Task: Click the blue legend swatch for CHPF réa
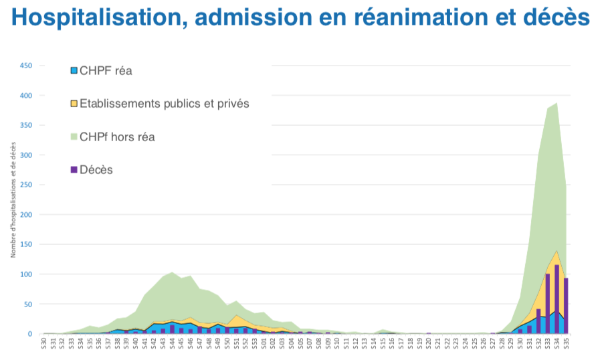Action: (74, 70)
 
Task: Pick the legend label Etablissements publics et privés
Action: (164, 104)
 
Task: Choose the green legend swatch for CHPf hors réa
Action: (74, 137)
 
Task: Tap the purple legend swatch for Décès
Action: (74, 170)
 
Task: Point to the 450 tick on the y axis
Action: (25, 66)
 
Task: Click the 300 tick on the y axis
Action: (25, 155)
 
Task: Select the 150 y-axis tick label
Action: (25, 244)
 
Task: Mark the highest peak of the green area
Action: (557, 103)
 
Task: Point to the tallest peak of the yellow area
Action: (557, 252)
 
